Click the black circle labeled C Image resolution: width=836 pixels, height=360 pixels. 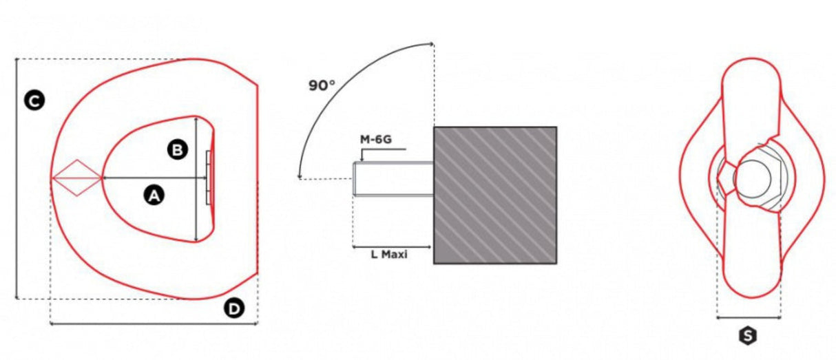coord(34,100)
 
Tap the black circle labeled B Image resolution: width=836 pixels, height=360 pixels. coord(177,149)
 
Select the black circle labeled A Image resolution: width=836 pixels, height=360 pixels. coord(154,195)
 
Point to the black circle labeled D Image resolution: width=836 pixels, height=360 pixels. coord(234,308)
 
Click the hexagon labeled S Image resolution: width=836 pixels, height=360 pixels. coord(748,336)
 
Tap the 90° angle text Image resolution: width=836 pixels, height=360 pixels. coord(322,85)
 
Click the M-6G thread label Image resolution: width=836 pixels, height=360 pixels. coord(376,140)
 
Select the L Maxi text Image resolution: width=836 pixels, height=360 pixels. coord(389,255)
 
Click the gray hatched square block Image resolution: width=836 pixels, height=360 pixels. coord(495,195)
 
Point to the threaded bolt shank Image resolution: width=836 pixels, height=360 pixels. coord(393,179)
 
